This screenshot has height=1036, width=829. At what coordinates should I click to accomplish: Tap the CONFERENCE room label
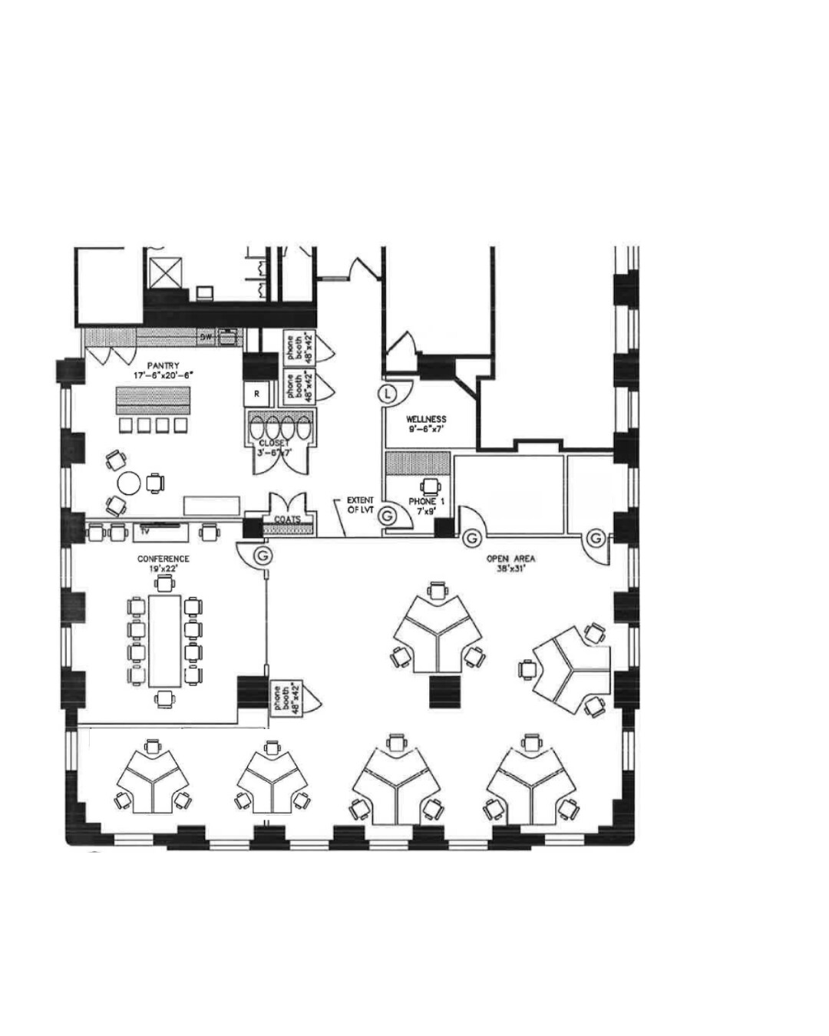coord(163,559)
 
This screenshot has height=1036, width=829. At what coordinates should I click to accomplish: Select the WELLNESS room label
coord(426,419)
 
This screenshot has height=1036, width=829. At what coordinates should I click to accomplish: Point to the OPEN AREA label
coord(510,559)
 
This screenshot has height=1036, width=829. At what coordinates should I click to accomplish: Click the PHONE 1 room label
coord(427,502)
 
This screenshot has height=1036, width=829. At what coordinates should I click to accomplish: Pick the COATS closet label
coord(287,520)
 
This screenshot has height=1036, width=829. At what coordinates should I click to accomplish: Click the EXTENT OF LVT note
coord(360,505)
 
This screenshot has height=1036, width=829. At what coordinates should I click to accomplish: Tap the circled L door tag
coord(388,394)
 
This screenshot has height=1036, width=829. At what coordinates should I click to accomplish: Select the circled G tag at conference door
coord(263,553)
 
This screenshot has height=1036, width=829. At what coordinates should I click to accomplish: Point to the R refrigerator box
coord(257,394)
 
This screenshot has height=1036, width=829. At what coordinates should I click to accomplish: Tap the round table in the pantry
coord(129,483)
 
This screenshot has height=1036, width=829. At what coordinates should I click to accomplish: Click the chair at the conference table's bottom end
coord(163,698)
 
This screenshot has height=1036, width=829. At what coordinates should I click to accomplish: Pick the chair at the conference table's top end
coord(163,586)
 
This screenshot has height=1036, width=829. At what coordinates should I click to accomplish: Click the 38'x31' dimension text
coord(510,569)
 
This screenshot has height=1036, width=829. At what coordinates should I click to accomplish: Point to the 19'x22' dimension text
coord(163,569)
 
